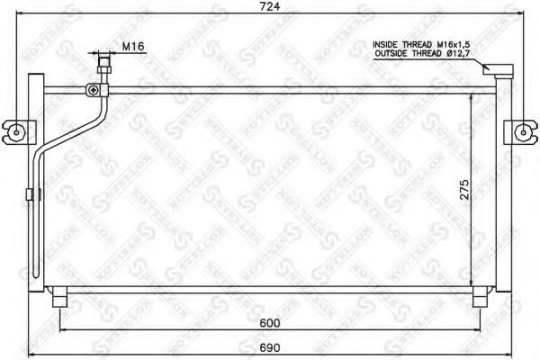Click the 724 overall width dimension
tap(270, 6)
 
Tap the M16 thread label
tap(133, 47)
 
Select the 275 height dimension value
tap(464, 190)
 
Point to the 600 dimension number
tap(270, 323)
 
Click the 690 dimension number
tap(270, 347)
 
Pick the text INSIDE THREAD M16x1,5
tap(421, 44)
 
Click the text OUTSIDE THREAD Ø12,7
tap(422, 53)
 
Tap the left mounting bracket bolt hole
tap(16, 132)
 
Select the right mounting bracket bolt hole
tap(523, 132)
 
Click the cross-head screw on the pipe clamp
tap(94, 90)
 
